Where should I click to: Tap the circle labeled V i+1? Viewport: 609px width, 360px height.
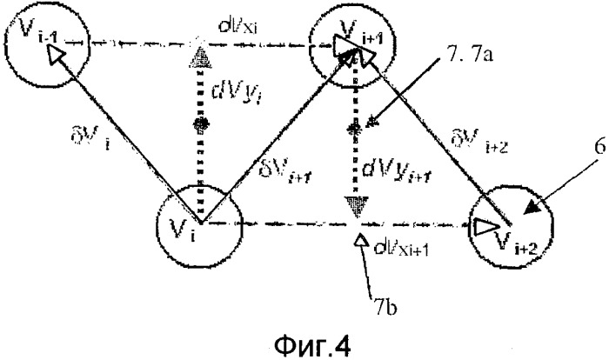pos(351,43)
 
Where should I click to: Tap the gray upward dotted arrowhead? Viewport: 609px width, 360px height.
pos(201,57)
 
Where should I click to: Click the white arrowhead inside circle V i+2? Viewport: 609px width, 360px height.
pos(484,227)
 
